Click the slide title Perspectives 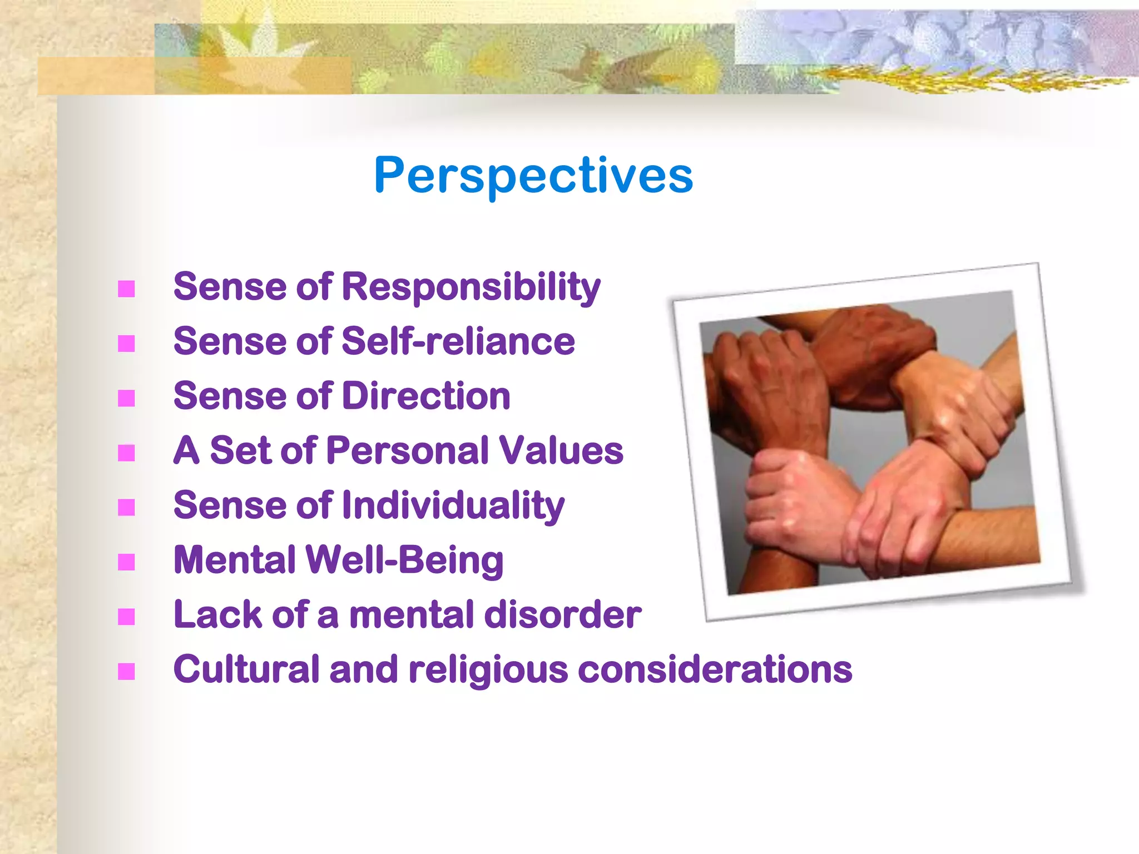point(533,176)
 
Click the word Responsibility point(471,287)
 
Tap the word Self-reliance point(458,341)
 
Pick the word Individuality point(453,506)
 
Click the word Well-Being point(404,560)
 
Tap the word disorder point(562,615)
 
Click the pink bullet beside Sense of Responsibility point(127,289)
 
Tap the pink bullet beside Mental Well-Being point(127,563)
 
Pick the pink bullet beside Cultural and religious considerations point(127,672)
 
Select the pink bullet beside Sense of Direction point(127,399)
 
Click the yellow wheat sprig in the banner point(945,81)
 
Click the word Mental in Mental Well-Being point(234,560)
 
